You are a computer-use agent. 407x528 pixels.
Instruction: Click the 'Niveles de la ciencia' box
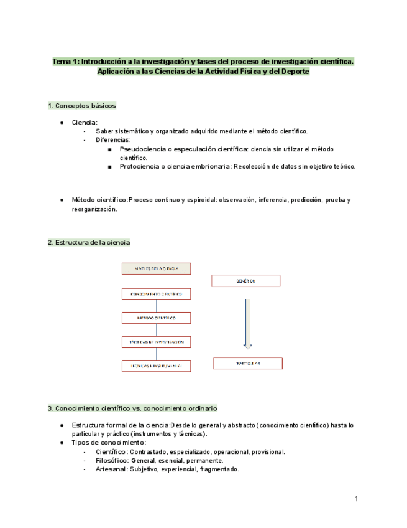tap(156, 268)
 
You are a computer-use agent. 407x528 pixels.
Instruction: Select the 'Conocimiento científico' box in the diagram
tap(156, 294)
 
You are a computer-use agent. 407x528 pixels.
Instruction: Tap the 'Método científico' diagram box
tap(156, 318)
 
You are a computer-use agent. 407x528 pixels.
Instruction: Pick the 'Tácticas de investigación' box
tap(156, 342)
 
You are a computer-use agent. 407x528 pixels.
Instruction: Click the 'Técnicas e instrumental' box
tap(156, 366)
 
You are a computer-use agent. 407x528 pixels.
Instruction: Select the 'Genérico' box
tap(247, 281)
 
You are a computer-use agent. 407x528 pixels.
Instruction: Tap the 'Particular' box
tap(247, 363)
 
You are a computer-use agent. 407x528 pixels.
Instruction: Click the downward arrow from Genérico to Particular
tap(247, 324)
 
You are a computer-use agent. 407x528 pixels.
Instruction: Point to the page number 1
tap(357, 499)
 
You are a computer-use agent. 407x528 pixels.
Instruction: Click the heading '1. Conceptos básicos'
tap(81, 106)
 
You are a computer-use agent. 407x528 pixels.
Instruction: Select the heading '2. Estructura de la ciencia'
tap(89, 242)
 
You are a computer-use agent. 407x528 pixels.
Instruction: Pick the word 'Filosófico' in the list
tap(112, 461)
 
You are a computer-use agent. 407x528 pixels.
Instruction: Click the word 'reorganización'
tap(94, 210)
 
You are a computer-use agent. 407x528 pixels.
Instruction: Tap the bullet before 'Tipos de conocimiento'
tap(62, 443)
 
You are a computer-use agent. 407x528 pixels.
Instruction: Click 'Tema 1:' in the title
tap(65, 62)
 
